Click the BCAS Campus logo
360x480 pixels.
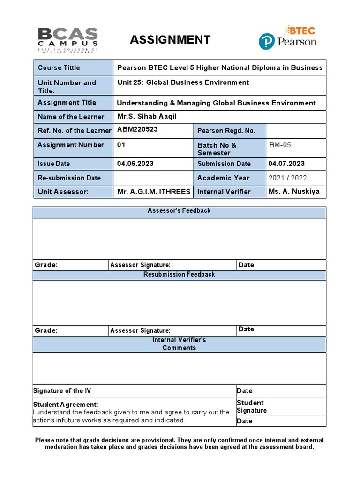pos(67,40)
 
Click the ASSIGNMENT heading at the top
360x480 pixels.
pos(170,40)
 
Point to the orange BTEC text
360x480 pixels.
pos(302,30)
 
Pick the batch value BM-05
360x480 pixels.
pos(280,145)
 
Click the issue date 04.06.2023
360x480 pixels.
pos(135,164)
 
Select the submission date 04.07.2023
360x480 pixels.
pos(286,164)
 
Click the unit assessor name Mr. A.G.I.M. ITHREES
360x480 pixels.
pos(153,191)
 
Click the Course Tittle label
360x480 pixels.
pos(59,67)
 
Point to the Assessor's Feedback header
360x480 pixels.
pos(179,211)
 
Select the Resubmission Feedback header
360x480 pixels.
pos(179,274)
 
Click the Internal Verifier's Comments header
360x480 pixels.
pos(179,344)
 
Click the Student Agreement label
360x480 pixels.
pos(66,404)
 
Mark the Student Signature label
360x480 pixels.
pos(251,406)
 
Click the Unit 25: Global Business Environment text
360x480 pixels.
pos(183,82)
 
